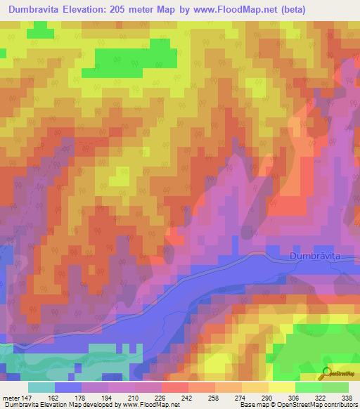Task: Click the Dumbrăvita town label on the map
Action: point(324,257)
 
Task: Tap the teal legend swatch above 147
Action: point(41,387)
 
